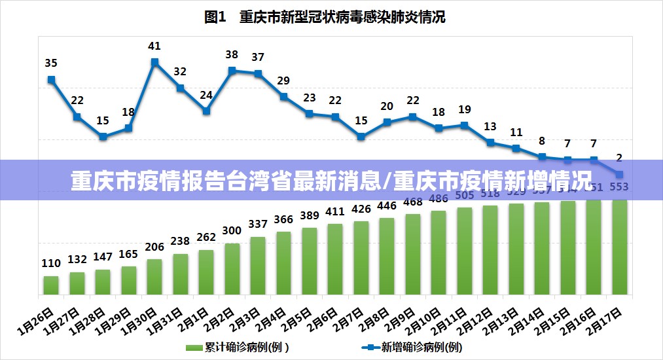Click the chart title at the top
click(325, 18)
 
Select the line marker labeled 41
click(154, 63)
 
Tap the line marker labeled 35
click(51, 80)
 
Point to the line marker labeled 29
click(283, 97)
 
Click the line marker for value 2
click(619, 174)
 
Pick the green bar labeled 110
click(51, 285)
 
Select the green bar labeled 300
click(232, 268)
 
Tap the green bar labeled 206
click(154, 276)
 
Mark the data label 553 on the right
click(618, 187)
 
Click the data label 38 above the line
click(232, 55)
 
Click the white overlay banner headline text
click(331, 180)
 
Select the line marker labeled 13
click(490, 142)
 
